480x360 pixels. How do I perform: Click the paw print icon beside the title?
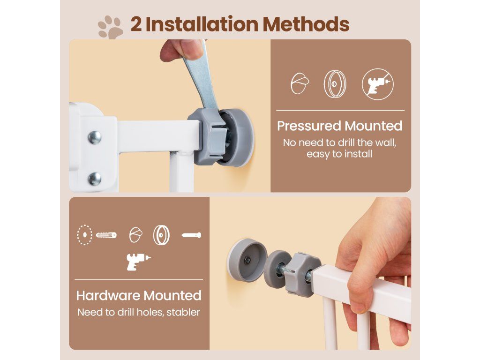pyautogui.click(x=111, y=27)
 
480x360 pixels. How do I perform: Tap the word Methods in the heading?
pyautogui.click(x=306, y=24)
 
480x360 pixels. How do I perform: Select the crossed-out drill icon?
pyautogui.click(x=377, y=84)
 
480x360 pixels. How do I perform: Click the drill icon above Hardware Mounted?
pyautogui.click(x=139, y=262)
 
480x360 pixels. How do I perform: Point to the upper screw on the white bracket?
pyautogui.click(x=95, y=137)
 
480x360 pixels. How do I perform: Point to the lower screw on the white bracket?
pyautogui.click(x=95, y=179)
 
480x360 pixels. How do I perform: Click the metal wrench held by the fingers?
pyautogui.click(x=202, y=76)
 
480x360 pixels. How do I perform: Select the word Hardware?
pyautogui.click(x=108, y=295)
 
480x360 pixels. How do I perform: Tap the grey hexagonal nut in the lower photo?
pyautogui.click(x=302, y=272)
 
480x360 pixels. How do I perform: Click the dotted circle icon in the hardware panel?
pyautogui.click(x=84, y=235)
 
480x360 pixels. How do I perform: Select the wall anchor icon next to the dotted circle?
pyautogui.click(x=106, y=235)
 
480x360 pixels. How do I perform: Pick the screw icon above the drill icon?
pyautogui.click(x=191, y=235)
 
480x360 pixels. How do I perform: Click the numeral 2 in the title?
pyautogui.click(x=136, y=24)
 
